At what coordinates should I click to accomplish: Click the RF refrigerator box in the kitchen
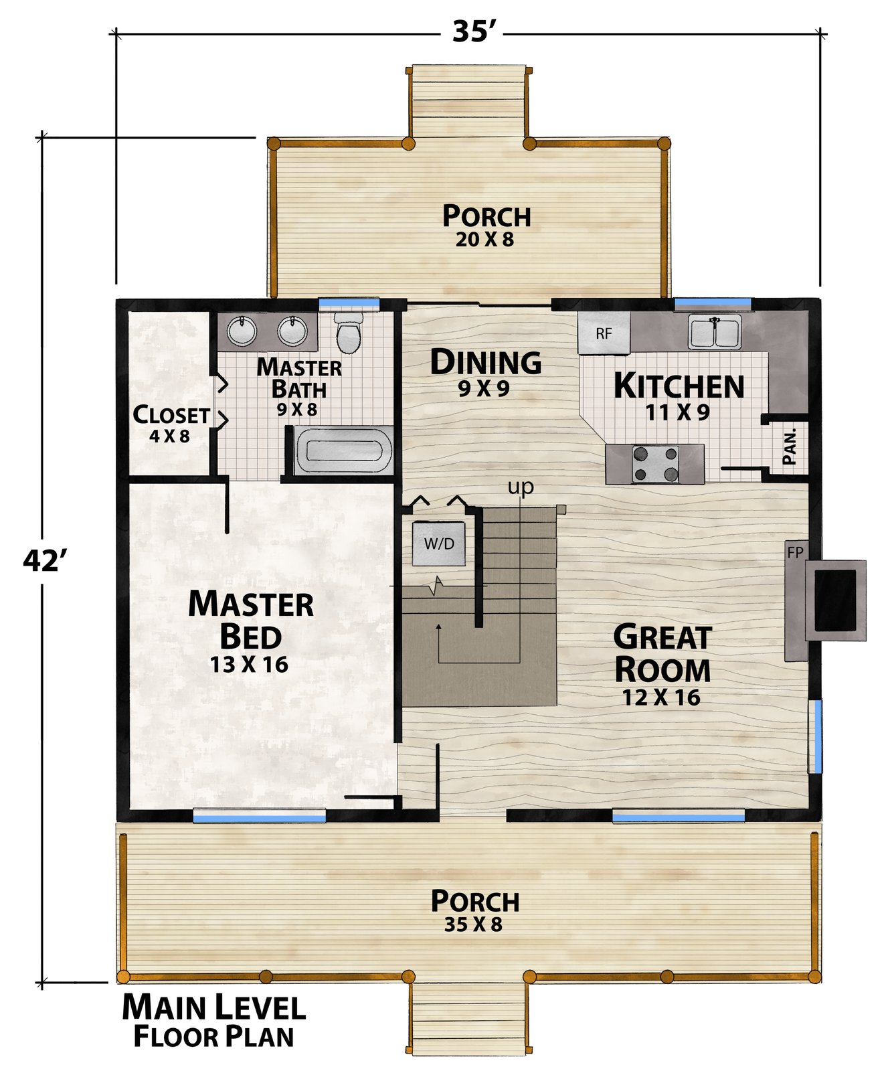click(x=604, y=333)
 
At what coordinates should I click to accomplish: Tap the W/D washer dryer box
click(x=438, y=543)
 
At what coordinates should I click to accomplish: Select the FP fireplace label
click(x=795, y=553)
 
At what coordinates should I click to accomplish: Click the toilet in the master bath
click(x=348, y=333)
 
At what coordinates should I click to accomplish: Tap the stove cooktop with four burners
click(x=655, y=464)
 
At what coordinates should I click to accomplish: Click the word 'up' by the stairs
click(x=521, y=487)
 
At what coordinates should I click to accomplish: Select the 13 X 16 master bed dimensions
click(x=249, y=665)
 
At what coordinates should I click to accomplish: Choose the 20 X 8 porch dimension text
click(x=485, y=240)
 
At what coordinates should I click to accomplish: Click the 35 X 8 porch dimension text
click(x=473, y=924)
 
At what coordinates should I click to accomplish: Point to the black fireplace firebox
click(x=835, y=600)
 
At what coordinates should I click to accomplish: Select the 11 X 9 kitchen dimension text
click(x=677, y=412)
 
